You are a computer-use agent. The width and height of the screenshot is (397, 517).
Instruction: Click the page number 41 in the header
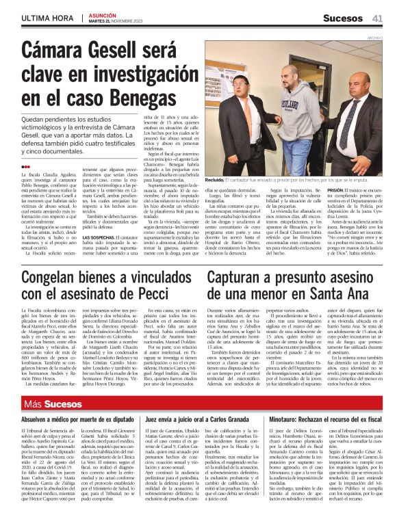click(x=377, y=17)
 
